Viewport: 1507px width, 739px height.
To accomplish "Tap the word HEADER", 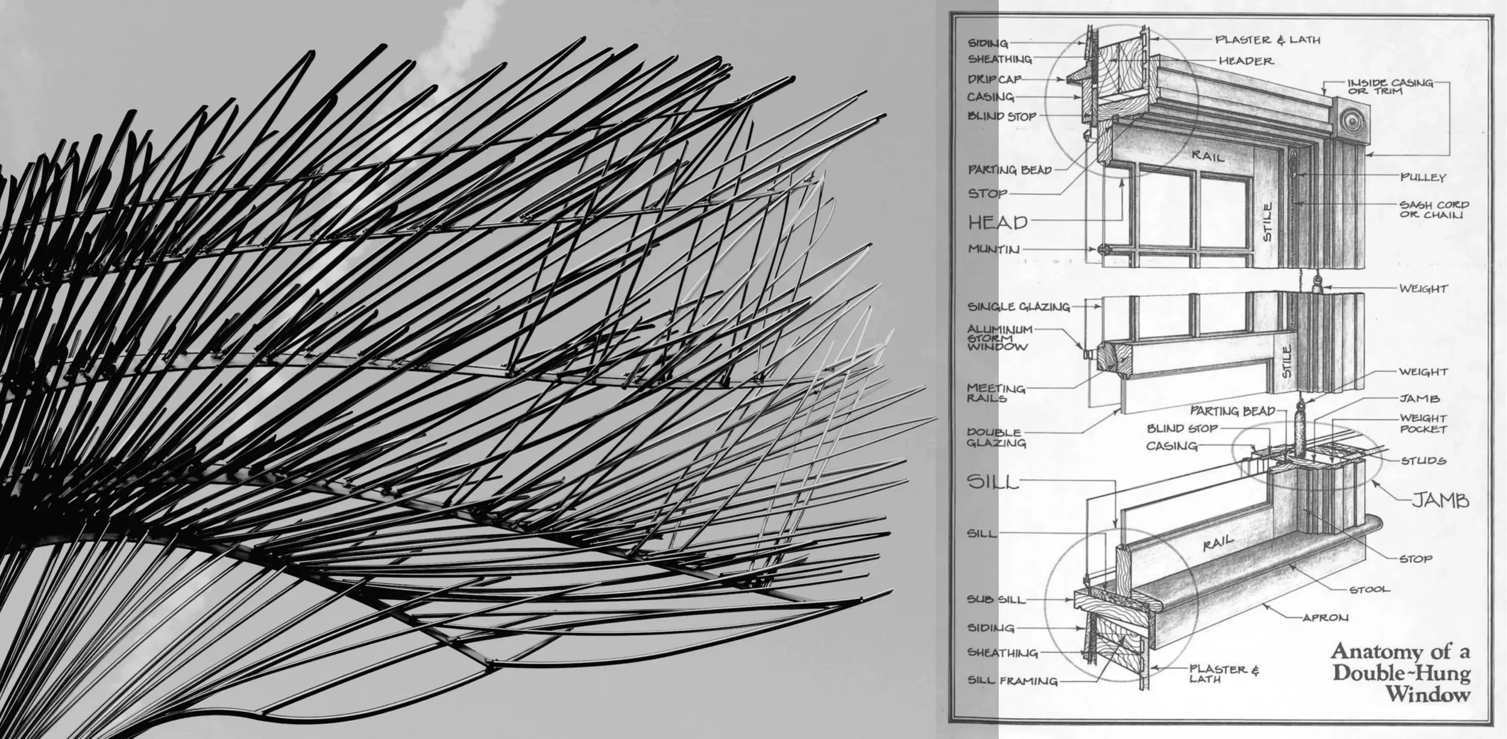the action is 1246,61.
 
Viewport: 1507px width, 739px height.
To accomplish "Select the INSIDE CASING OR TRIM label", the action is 1390,87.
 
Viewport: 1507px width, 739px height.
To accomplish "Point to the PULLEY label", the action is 1423,177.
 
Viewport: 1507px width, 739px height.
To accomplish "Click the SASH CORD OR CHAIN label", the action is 1434,210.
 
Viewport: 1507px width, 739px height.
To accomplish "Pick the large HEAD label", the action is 998,222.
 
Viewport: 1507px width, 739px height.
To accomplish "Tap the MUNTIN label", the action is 994,249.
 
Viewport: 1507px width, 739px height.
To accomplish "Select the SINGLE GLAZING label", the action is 1018,307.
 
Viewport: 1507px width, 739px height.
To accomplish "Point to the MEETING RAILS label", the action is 996,393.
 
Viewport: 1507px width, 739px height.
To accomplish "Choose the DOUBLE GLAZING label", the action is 996,438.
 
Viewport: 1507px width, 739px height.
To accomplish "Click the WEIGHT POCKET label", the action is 1423,423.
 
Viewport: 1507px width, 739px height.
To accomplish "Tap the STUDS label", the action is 1423,461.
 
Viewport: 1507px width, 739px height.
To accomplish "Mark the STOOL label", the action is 1370,589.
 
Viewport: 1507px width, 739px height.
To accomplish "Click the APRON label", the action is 1325,617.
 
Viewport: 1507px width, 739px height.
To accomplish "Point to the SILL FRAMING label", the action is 1012,681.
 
